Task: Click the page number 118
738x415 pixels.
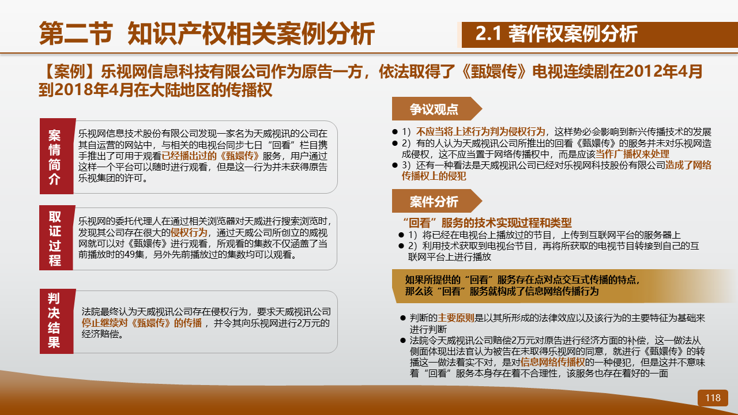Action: (x=713, y=398)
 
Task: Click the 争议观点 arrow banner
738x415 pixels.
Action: (x=436, y=109)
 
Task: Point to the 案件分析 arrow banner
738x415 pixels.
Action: (x=436, y=201)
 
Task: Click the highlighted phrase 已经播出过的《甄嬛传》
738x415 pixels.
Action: (x=210, y=156)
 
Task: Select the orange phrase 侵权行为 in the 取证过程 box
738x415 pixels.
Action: (x=189, y=232)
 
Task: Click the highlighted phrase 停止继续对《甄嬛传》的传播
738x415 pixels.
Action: (x=142, y=323)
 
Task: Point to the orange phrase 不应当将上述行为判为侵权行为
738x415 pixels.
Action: (x=481, y=132)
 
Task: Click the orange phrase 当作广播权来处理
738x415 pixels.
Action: (x=632, y=154)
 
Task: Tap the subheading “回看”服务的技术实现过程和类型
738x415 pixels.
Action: (x=487, y=223)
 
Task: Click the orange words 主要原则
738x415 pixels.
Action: (x=455, y=318)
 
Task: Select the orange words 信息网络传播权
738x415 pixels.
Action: (x=552, y=363)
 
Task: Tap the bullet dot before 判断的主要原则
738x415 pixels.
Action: (x=402, y=318)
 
